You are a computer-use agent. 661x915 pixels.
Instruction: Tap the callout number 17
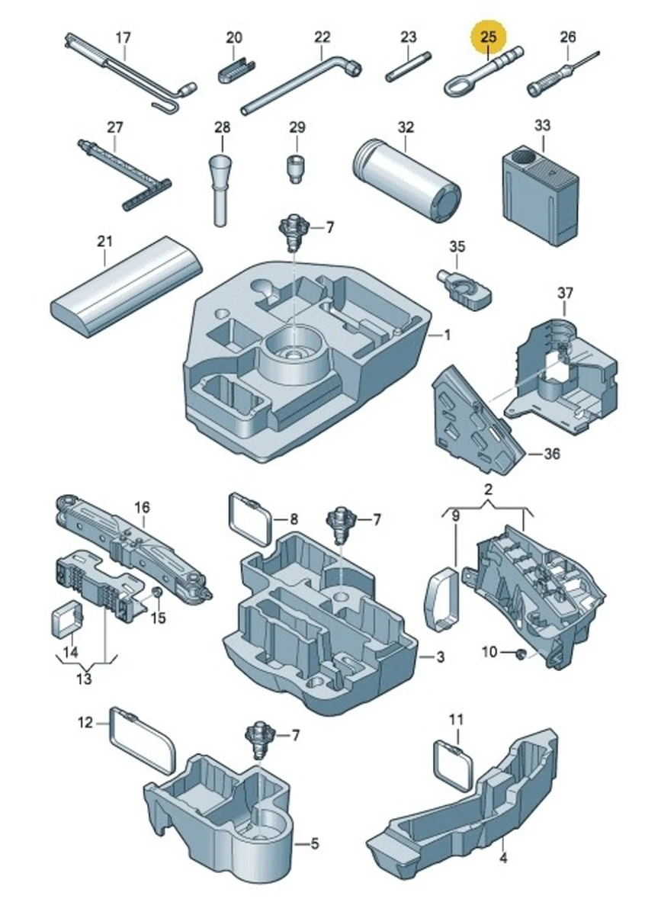(123, 37)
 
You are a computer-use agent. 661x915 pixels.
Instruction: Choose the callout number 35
(456, 246)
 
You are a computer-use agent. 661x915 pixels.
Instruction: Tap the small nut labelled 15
(156, 593)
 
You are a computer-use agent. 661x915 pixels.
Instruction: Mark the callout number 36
(552, 454)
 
